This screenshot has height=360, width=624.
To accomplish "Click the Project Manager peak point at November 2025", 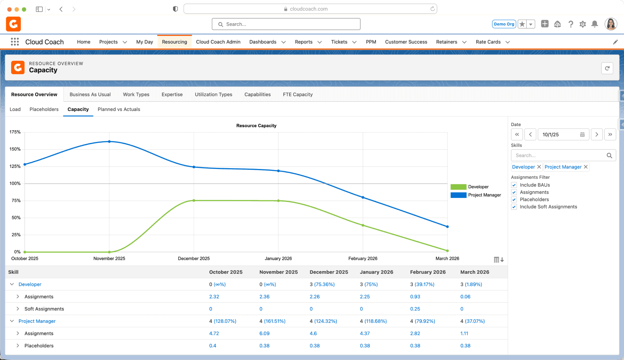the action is point(109,142).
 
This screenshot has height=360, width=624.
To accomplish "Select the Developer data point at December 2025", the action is point(194,201).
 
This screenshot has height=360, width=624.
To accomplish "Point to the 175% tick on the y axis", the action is point(15,132).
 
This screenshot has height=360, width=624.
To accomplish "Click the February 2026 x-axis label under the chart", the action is point(363,258).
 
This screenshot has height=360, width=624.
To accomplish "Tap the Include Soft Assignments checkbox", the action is point(514,207).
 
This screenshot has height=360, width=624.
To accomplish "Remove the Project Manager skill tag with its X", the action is point(586,167).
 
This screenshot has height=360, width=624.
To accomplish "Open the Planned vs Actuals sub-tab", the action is point(119,109).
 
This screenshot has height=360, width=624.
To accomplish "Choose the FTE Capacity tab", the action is point(298,94).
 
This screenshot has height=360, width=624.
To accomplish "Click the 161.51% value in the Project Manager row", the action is point(274,321).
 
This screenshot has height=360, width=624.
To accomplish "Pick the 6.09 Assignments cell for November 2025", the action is point(264,333).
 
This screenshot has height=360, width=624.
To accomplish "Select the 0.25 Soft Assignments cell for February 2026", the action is point(415,309).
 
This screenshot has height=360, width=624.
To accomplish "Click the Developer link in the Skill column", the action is point(30,284).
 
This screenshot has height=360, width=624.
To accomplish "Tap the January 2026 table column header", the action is point(376,272).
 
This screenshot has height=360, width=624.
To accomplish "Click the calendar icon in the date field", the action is point(582,135).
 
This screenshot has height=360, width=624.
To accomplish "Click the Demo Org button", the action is point(504,24).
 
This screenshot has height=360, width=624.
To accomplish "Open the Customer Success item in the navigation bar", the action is point(406,42).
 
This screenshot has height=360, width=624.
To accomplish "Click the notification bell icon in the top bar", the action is point(595,24).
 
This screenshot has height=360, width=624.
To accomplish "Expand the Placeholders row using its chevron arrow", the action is point(17,346).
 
